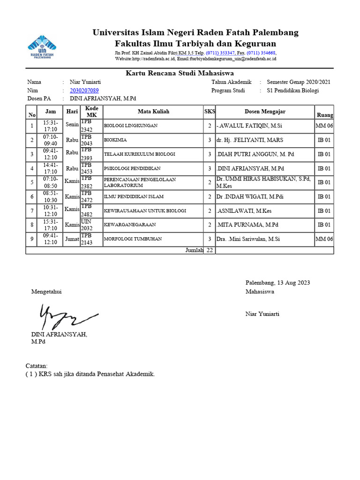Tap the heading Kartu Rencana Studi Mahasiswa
coord(180,73)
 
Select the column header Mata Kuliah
coord(153,112)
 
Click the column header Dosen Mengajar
coord(265,112)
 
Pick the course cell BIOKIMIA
coord(115,140)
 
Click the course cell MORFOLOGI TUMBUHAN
coord(133,239)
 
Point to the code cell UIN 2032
coord(87,225)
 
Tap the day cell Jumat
coord(72,239)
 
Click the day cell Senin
coord(72,126)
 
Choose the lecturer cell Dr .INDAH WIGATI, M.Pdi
coord(247,197)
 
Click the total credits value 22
coord(210,250)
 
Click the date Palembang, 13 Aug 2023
coord(277,283)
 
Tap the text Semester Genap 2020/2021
coord(298,82)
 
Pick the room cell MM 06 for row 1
coord(324,126)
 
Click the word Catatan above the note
coord(36,366)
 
